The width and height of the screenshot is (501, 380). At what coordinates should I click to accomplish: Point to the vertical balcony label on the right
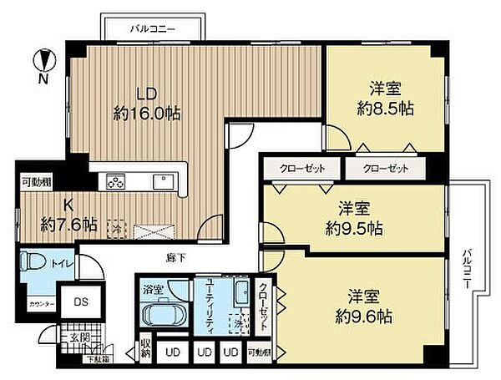467,265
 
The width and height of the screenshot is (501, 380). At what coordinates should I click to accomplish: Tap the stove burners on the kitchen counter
115,180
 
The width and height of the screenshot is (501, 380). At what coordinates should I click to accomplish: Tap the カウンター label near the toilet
40,305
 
